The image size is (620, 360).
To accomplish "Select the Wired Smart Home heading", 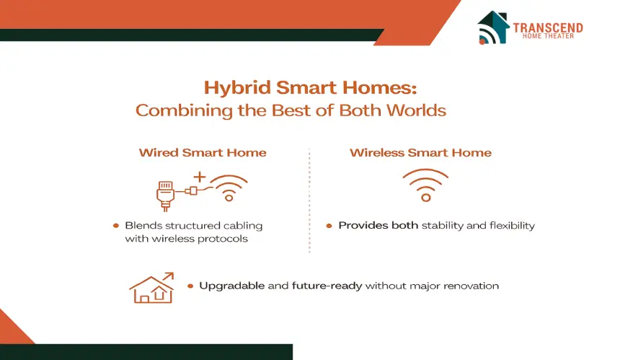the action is coord(203,153).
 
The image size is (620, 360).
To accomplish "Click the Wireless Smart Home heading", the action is coord(420,153).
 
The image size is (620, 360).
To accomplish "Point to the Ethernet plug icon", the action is coord(166,196).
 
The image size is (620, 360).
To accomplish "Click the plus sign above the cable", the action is coord(200,177).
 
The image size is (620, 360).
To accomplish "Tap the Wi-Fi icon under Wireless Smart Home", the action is coord(425,185).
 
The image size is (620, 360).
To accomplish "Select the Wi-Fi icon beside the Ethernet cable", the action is coord(229,188).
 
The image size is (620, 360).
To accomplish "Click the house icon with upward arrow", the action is coord(152,288).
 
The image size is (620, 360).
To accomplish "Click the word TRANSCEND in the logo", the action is coord(548,27).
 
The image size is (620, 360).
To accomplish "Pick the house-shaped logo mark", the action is coord(493,27).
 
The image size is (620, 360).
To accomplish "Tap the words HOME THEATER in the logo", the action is coord(548,36).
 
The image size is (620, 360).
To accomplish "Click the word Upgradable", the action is coord(231,286).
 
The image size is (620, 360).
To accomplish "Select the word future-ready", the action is coord(327,286).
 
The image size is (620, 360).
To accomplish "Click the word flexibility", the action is coord(512,226).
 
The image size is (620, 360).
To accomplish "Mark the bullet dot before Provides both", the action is coord(329,226).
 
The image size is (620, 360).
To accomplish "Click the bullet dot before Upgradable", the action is coord(190,286).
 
